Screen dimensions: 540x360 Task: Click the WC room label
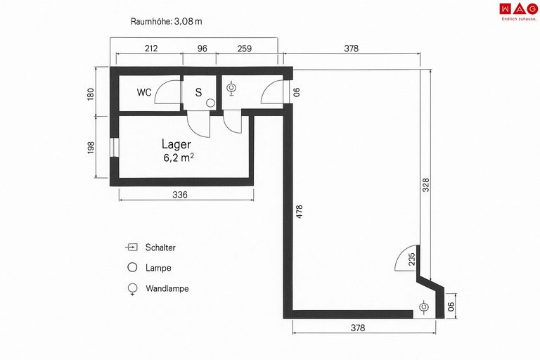[x=144, y=92]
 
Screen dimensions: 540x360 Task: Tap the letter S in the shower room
[x=198, y=92]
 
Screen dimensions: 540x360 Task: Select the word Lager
[x=176, y=145]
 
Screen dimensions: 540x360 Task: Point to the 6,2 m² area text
[x=179, y=157]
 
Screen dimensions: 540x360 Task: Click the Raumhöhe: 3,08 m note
[x=167, y=21]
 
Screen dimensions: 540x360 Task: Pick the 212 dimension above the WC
[x=151, y=49]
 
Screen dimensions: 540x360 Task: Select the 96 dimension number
[x=202, y=49]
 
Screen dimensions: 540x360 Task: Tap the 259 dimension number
[x=245, y=49]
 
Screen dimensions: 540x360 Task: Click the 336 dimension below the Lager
[x=180, y=195]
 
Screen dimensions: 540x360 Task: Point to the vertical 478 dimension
[x=300, y=212]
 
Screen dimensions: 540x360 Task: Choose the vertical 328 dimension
[x=426, y=185]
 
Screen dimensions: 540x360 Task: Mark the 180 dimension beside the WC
[x=90, y=94]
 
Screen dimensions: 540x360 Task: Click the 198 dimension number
[x=91, y=148]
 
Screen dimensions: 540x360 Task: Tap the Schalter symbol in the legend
[x=131, y=247]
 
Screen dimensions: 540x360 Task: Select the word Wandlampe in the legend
[x=167, y=288]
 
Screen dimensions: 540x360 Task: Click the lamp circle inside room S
[x=210, y=103]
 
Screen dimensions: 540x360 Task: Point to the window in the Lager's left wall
[x=115, y=148]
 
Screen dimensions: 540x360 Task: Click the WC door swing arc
[x=166, y=91]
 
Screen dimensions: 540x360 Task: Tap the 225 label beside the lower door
[x=411, y=259]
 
